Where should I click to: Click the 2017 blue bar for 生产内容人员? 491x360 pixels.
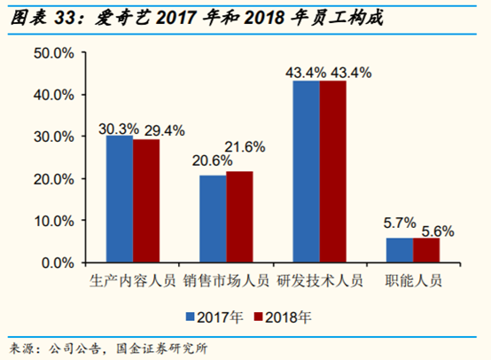(120, 200)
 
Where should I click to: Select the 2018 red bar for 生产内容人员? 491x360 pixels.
(146, 201)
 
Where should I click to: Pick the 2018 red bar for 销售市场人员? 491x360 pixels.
(239, 217)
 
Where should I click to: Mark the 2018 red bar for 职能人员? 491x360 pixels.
(426, 251)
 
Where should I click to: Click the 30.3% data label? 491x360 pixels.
(118, 129)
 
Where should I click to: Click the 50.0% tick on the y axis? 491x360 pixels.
(52, 53)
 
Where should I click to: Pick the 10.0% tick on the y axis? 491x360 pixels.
(52, 221)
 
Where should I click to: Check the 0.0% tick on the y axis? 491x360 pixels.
(55, 263)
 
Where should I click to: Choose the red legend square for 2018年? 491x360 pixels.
(259, 315)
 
